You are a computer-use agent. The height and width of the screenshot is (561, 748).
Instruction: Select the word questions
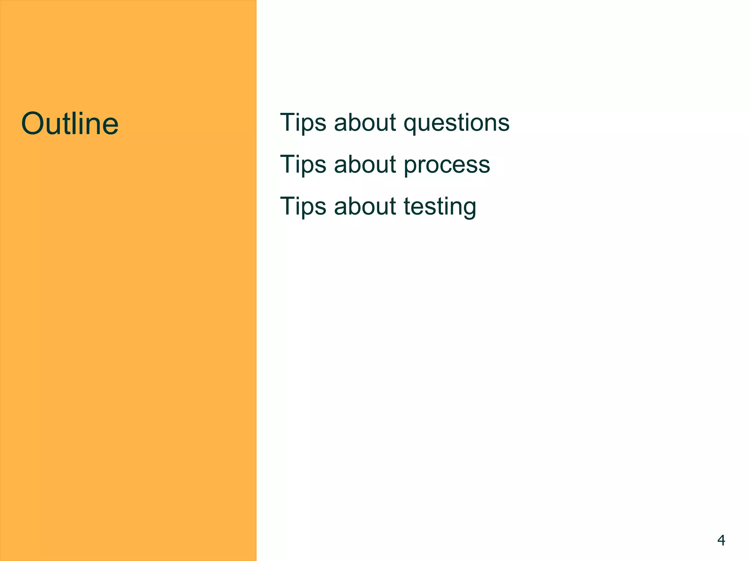tap(456, 123)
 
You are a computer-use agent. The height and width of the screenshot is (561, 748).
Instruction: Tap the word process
tap(447, 165)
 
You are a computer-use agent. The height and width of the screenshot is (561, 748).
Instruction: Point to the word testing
tap(440, 207)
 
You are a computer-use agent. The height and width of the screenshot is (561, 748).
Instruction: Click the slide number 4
tap(721, 540)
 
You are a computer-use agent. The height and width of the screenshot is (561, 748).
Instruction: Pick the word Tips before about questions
tap(303, 123)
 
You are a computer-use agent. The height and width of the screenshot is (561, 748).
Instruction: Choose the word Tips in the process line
tap(303, 165)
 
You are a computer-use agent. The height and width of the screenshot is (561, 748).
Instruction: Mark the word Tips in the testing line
tap(303, 207)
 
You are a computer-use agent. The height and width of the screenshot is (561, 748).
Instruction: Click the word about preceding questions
tap(365, 123)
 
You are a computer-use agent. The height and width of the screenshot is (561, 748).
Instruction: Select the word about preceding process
tap(365, 165)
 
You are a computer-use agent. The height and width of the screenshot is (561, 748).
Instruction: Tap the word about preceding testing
tap(365, 207)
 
